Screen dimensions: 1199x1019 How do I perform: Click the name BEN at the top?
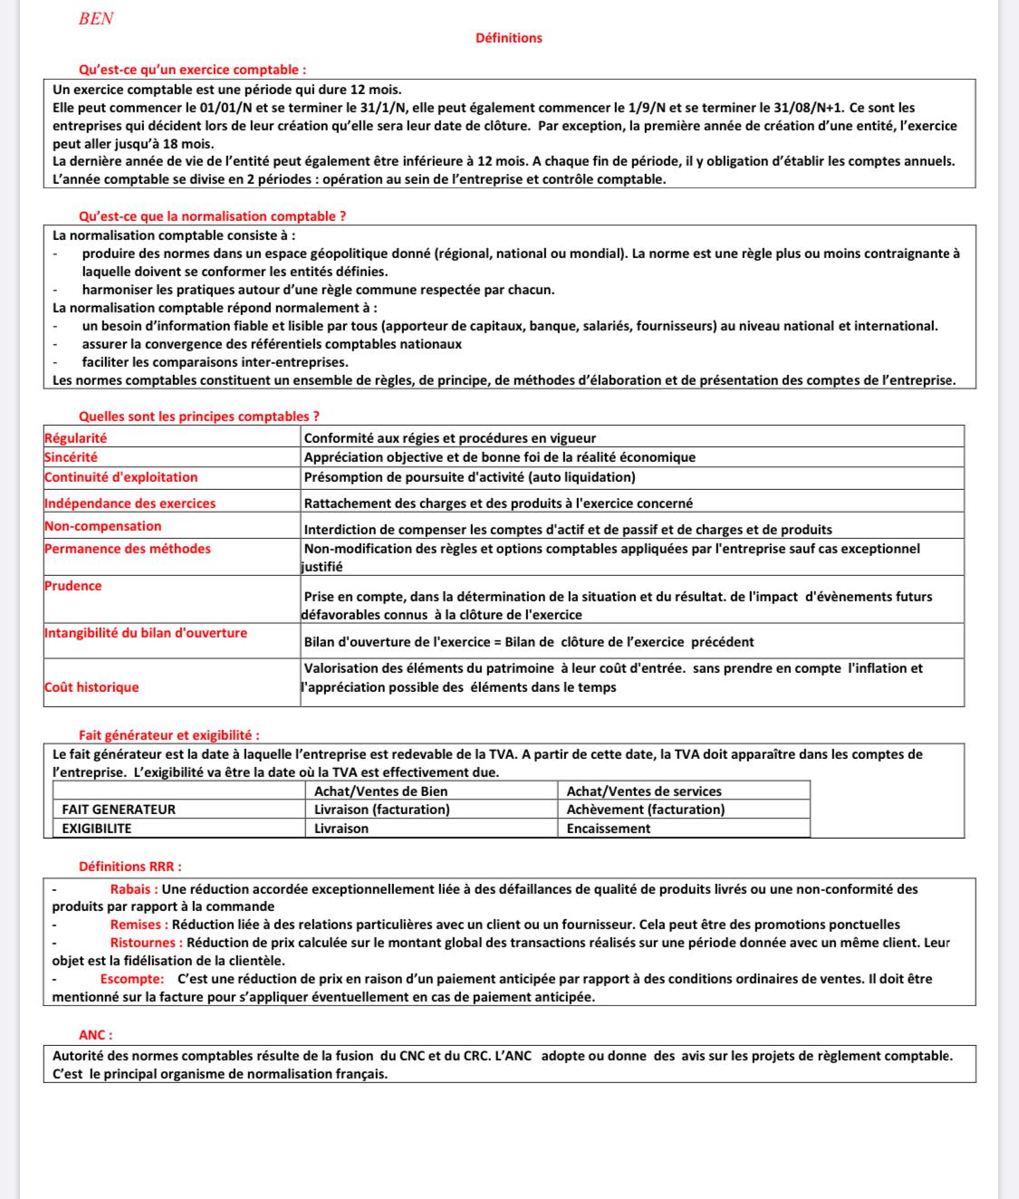pos(96,19)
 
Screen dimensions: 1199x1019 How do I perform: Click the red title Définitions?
pos(508,38)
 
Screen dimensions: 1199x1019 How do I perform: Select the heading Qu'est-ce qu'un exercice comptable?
pos(192,70)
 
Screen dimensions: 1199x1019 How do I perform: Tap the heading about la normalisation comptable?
pos(212,216)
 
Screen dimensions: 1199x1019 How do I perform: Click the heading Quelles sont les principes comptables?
pos(199,417)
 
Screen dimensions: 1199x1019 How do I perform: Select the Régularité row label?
pos(75,438)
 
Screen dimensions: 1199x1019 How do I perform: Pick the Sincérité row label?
pos(71,457)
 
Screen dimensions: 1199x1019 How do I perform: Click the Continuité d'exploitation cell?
pos(120,477)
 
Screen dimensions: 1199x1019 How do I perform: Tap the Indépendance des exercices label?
pos(130,504)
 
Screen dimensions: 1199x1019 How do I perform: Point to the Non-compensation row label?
pos(102,526)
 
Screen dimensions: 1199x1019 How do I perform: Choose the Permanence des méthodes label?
pos(127,549)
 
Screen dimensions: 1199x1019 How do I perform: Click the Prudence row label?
pos(72,586)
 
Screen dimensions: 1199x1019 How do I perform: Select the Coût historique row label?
pos(91,687)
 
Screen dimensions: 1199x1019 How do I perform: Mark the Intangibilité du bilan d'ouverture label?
pos(145,633)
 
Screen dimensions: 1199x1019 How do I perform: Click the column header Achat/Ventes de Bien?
pos(380,791)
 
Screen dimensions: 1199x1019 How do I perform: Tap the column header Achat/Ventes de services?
pos(644,791)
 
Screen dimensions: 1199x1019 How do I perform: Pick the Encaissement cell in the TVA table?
pos(608,829)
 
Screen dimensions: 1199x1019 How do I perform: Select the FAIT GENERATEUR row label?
pos(119,810)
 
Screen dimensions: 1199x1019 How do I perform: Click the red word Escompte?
pos(132,979)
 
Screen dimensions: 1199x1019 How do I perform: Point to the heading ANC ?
pos(95,1035)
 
